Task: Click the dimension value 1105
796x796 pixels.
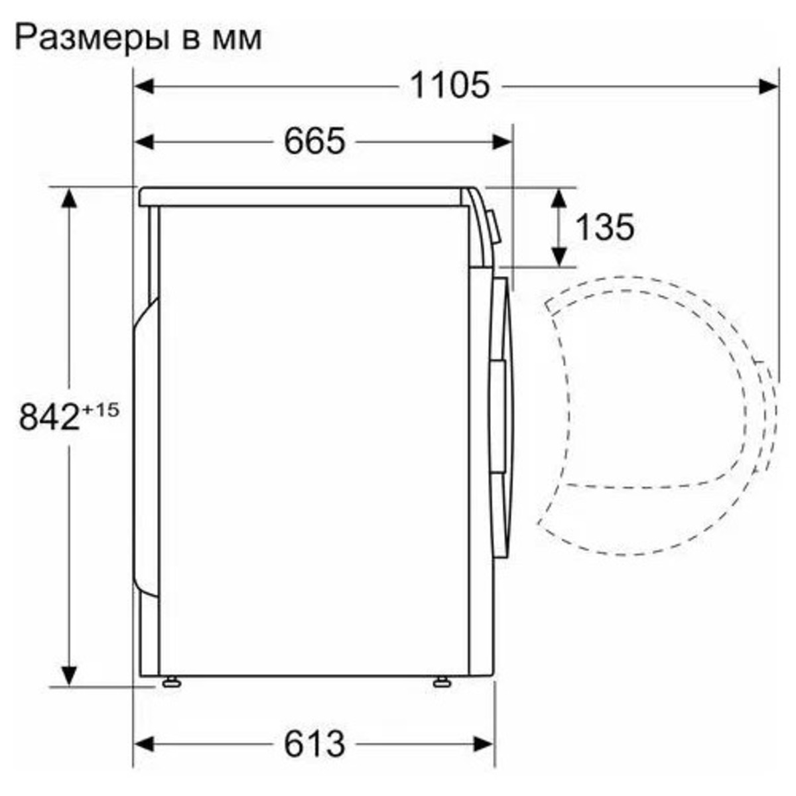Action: point(450,86)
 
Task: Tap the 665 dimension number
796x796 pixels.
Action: point(314,142)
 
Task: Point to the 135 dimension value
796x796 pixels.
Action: point(604,227)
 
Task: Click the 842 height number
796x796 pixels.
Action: point(49,417)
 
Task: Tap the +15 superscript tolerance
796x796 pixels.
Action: point(100,410)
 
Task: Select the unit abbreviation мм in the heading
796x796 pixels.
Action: point(237,42)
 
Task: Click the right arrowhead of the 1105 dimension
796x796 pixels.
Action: point(769,87)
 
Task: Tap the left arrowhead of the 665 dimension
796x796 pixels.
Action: point(144,142)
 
